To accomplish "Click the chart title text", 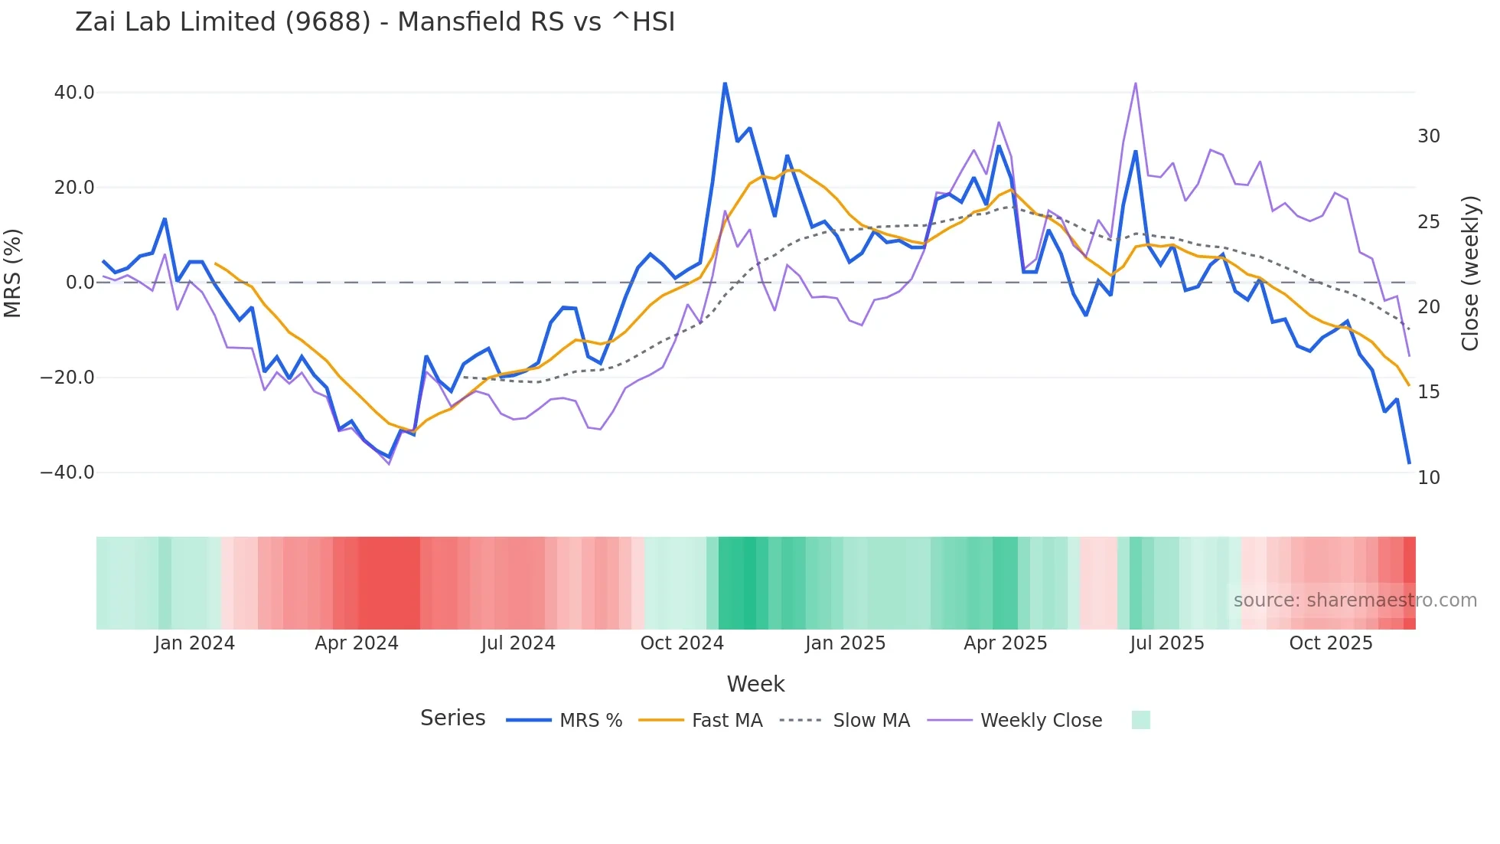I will (375, 22).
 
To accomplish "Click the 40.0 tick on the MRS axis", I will (74, 93).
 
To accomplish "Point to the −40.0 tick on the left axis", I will (67, 473).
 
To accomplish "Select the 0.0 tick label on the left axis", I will (80, 283).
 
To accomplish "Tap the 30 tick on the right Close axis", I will (1428, 136).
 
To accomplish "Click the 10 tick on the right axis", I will (1428, 478).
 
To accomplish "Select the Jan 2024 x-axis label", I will (194, 643).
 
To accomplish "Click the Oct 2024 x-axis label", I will (682, 643).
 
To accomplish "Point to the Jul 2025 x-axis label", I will (1167, 643).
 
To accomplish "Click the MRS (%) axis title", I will (13, 273).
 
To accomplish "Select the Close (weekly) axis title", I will (1470, 273).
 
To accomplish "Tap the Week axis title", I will (755, 684).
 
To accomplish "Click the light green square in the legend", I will (1140, 720).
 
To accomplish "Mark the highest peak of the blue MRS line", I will (725, 83).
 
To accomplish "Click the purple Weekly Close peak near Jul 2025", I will (1136, 83).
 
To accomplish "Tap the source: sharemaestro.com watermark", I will (1355, 600).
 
